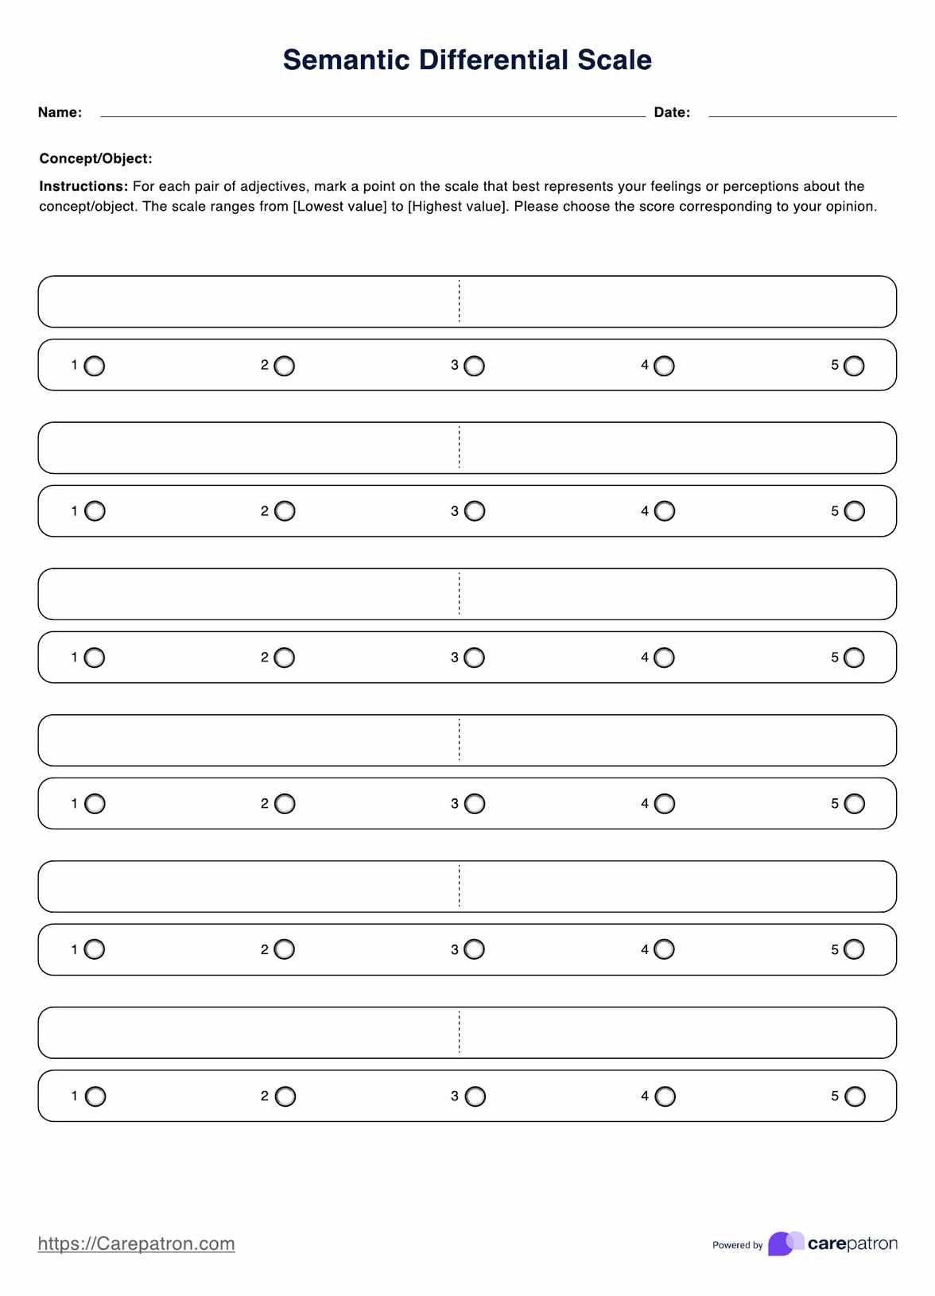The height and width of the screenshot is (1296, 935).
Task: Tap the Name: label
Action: (60, 113)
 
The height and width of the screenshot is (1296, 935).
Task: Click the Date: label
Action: (672, 113)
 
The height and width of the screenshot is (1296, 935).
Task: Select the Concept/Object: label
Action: (95, 159)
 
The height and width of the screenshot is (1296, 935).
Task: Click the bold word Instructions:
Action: (83, 187)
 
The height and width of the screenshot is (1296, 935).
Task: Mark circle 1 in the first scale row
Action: (95, 366)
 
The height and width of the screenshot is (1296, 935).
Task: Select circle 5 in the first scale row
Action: (854, 366)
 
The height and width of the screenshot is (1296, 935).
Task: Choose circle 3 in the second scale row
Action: (475, 511)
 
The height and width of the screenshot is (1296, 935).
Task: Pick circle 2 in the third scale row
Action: (285, 658)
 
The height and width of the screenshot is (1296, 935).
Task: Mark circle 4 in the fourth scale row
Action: (665, 804)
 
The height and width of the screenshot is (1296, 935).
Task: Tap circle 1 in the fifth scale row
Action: (95, 949)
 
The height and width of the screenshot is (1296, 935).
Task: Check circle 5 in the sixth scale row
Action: (855, 1096)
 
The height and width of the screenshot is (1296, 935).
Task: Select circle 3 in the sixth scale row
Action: (475, 1096)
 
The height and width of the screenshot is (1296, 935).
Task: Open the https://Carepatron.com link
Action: (136, 1244)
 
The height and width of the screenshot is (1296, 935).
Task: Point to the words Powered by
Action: (737, 1245)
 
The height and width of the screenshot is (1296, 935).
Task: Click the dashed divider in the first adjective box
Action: (460, 301)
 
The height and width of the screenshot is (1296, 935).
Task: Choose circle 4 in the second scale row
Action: (665, 511)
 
